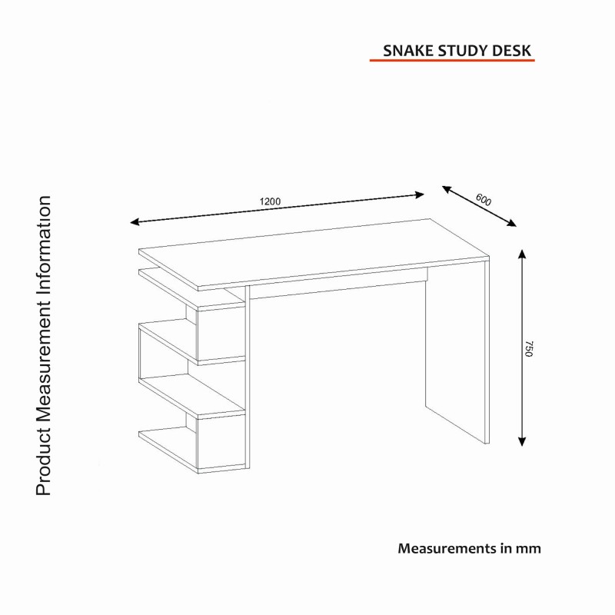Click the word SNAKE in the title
pos(408,51)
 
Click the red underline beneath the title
pos(452,60)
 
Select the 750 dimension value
pos(528,347)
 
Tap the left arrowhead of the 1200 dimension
pos(134,222)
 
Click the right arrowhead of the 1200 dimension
pos(421,194)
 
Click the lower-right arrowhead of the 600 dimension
pos(513,224)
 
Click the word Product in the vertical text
pos(44,463)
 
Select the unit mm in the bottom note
pos(529,549)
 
